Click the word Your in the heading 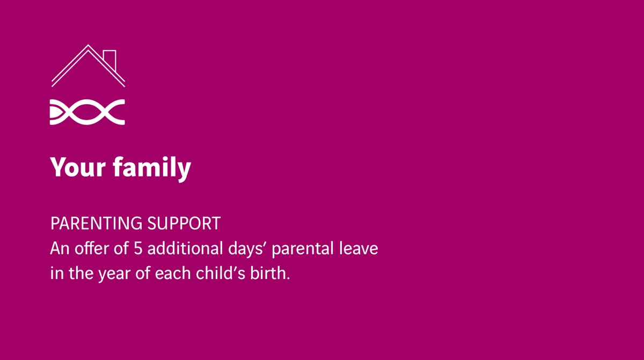[x=78, y=167]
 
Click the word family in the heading [x=152, y=168]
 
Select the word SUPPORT [x=184, y=223]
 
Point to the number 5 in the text [x=138, y=248]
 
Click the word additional [x=185, y=248]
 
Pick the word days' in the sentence [x=246, y=249]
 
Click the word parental [x=303, y=249]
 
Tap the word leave [x=358, y=248]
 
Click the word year [x=114, y=274]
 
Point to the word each [x=173, y=273]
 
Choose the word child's [x=221, y=273]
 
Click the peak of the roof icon [x=88, y=46]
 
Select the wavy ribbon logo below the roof [x=87, y=112]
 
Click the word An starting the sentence [x=60, y=248]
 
